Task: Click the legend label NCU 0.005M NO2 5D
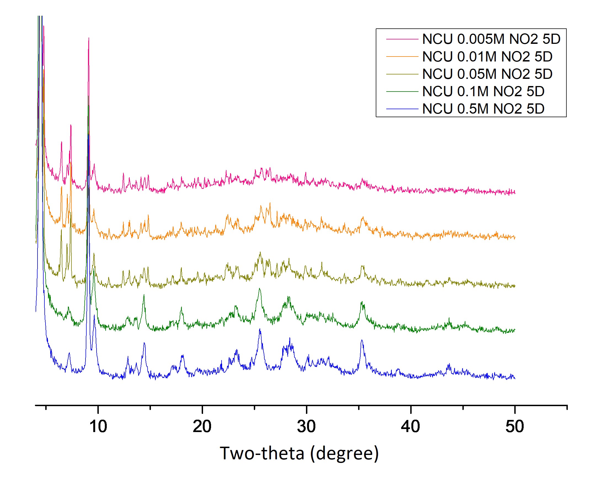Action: (x=491, y=39)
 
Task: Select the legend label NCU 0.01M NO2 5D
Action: (x=487, y=57)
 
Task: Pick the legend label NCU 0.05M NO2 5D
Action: (x=487, y=74)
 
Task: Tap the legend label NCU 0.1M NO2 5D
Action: (x=483, y=92)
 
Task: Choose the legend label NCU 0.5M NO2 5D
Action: (x=483, y=109)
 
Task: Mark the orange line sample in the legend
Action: (x=402, y=57)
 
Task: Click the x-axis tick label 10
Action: (x=98, y=426)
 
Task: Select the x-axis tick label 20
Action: (x=202, y=426)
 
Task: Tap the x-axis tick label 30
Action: (x=306, y=426)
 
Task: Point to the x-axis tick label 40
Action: (x=410, y=426)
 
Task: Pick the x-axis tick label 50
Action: (x=515, y=426)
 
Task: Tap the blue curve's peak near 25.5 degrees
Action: (x=260, y=329)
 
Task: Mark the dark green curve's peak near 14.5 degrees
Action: (x=144, y=295)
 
